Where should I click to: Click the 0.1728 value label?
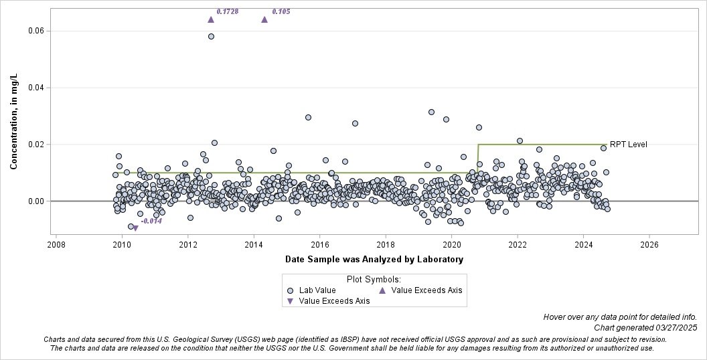coord(228,11)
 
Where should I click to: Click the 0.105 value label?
coord(281,11)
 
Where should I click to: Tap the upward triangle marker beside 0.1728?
coord(211,19)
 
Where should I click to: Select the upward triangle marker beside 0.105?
coord(264,19)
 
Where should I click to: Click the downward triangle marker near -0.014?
coord(136,229)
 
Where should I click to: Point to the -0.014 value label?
coord(151,221)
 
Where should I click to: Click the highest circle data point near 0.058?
coord(211,36)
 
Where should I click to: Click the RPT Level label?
coord(628,145)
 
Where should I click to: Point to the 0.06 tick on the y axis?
coord(35,31)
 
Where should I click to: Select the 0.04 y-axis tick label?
coord(35,88)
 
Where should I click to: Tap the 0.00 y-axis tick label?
coord(35,201)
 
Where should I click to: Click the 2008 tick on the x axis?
coord(56,245)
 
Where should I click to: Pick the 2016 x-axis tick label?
coord(320,245)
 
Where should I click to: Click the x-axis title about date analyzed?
coord(375,259)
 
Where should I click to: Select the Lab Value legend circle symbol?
coord(290,290)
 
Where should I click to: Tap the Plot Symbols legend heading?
coord(374,279)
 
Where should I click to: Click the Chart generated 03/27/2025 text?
coord(645,327)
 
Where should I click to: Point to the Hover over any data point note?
coord(620,317)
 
